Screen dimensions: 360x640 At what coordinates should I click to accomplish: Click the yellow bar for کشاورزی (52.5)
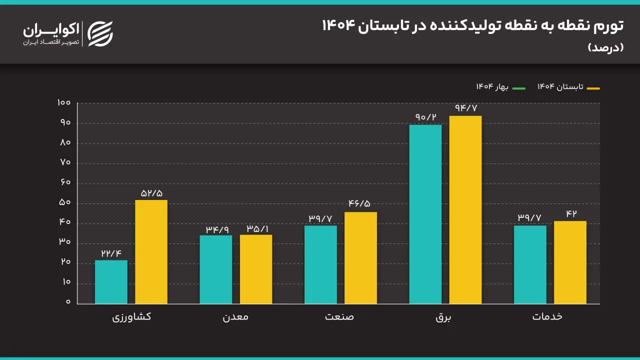[x=151, y=252]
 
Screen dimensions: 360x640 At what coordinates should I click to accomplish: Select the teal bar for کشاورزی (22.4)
[x=111, y=282]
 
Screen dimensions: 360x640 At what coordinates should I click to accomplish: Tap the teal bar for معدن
[x=215, y=269]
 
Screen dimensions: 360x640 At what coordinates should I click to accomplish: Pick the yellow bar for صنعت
[x=360, y=258]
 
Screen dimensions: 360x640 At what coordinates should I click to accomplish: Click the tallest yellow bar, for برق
[x=465, y=210]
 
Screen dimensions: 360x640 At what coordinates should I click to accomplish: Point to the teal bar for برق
[x=425, y=214]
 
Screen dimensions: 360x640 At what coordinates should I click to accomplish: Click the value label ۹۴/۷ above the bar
[x=465, y=107]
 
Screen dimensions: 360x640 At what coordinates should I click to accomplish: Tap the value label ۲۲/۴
[x=111, y=252]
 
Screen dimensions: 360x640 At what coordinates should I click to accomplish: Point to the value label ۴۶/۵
[x=360, y=204]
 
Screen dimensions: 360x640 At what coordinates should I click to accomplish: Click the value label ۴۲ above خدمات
[x=571, y=213]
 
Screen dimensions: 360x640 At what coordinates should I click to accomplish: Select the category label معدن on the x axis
[x=235, y=317]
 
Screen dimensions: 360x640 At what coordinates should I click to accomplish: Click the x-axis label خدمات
[x=547, y=316]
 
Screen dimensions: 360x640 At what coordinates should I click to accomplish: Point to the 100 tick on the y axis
[x=64, y=103]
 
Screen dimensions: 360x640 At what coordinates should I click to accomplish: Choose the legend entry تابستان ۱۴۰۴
[x=568, y=87]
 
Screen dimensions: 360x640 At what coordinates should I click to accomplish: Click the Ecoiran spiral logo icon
[x=100, y=34]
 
